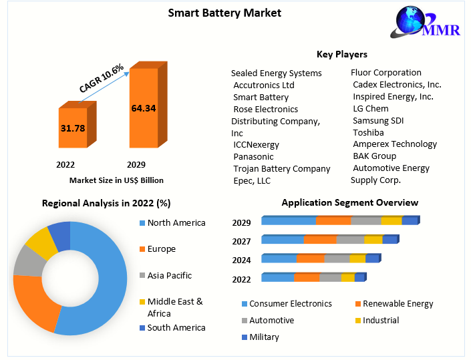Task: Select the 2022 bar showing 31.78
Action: tap(73, 127)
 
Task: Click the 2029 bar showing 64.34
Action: tap(144, 108)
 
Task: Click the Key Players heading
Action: tap(341, 54)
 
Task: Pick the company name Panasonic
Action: tap(253, 156)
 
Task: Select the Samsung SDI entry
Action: tap(378, 120)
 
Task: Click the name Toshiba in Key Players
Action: tap(368, 132)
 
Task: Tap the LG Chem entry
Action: tap(370, 108)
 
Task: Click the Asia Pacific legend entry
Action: tap(169, 275)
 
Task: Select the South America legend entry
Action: tap(176, 327)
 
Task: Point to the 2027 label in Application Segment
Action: tap(242, 242)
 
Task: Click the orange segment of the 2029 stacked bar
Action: tap(333, 221)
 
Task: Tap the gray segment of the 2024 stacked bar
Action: tap(337, 259)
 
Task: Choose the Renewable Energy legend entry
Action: tap(398, 304)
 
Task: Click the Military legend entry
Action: tap(264, 337)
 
